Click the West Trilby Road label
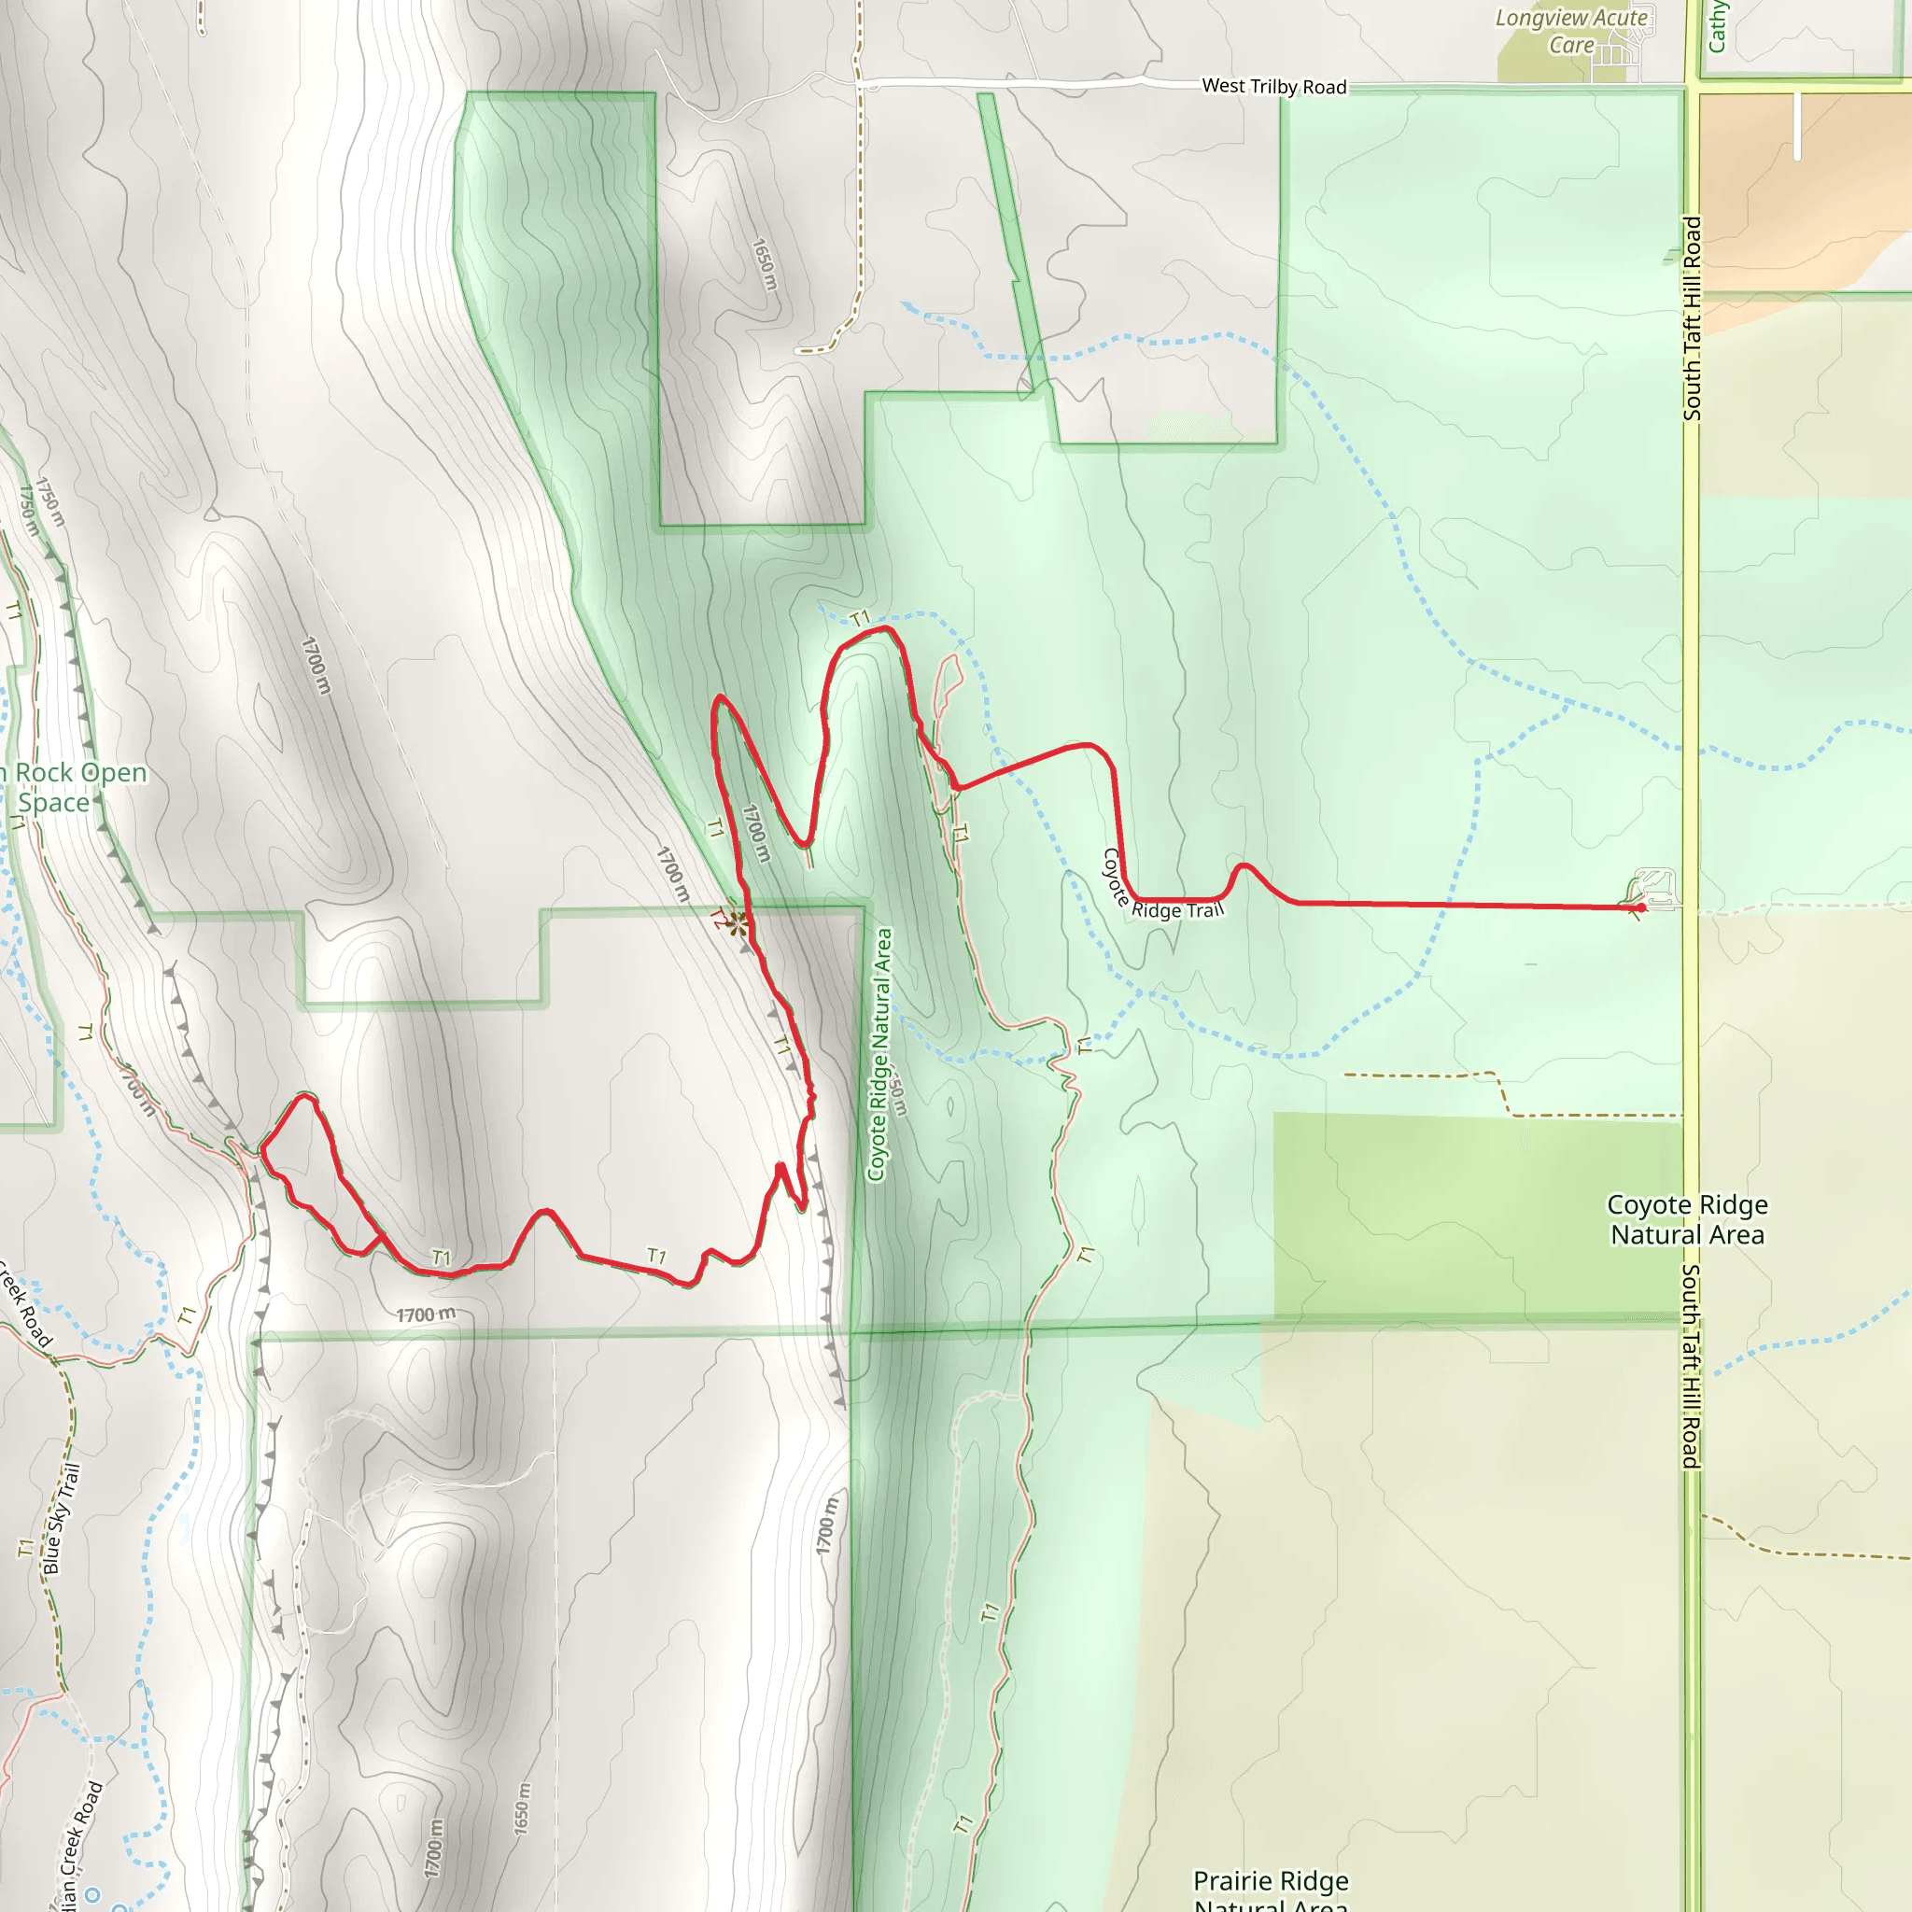tap(1273, 87)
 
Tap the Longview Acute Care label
tap(1570, 31)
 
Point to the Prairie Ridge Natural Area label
tap(1271, 1891)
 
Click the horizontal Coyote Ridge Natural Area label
tap(1686, 1219)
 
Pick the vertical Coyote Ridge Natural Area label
tap(879, 1054)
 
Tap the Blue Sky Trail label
tap(61, 1520)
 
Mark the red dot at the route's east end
tap(1642, 907)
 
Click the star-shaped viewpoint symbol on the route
tap(738, 923)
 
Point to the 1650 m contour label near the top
tap(765, 264)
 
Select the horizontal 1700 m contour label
tap(427, 1315)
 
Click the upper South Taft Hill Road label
tap(1693, 318)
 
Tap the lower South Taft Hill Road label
tap(1693, 1366)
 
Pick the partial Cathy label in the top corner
tap(1717, 26)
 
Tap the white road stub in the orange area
tap(1797, 126)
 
